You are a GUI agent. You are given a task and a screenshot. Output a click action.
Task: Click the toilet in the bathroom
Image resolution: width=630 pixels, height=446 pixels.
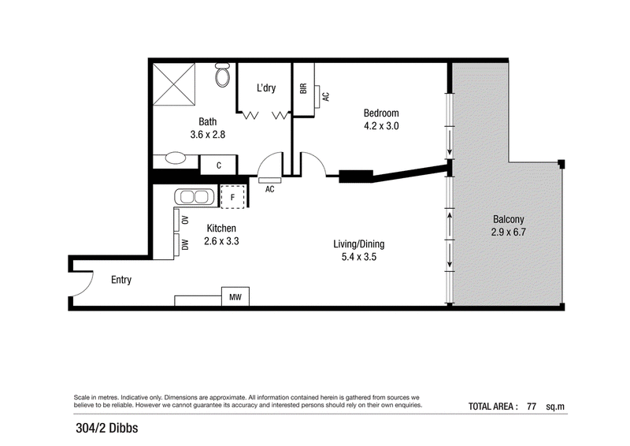222,75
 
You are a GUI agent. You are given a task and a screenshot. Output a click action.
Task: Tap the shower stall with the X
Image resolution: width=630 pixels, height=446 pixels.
174,84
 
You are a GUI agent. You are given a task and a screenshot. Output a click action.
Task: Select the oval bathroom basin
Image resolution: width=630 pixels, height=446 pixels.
176,158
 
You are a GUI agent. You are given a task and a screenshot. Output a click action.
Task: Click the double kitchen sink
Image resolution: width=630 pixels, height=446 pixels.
195,197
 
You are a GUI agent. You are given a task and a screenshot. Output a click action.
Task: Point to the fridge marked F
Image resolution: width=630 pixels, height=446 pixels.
232,197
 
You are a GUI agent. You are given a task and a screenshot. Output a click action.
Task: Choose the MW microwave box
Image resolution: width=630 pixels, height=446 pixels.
235,297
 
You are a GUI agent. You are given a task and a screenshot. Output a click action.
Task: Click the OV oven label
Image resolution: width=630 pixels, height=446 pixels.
185,220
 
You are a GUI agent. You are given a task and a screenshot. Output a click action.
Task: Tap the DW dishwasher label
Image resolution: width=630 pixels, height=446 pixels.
185,244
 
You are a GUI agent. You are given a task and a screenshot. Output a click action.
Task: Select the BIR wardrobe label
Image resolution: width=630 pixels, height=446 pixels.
303,88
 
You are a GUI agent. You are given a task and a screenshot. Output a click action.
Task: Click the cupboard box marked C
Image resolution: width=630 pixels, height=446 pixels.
219,165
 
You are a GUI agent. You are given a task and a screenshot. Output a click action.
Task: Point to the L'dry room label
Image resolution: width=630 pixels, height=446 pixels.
266,87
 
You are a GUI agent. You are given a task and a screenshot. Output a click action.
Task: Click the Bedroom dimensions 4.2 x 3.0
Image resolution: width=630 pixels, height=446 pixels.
381,126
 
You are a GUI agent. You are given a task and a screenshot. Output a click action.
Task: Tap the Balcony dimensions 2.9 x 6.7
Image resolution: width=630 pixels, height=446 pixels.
508,232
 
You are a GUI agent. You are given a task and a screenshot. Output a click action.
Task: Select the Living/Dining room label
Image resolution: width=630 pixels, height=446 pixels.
359,244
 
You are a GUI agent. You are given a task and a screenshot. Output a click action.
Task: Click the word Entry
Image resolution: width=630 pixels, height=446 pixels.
121,280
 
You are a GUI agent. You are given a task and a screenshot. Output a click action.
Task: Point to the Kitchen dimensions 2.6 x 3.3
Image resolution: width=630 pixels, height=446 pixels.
221,241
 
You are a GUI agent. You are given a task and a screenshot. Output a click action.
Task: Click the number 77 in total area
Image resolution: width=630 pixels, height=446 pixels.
532,406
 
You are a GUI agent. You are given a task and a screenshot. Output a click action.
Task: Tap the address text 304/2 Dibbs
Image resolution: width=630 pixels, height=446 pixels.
107,428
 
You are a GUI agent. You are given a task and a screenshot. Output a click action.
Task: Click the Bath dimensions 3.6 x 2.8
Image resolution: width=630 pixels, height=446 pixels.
208,134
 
